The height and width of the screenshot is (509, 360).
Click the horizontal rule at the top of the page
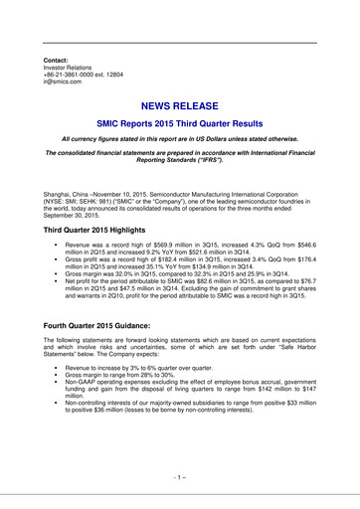179,43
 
